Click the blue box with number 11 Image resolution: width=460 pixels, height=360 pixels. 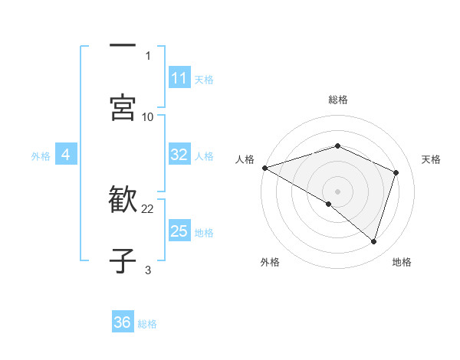pos(179,78)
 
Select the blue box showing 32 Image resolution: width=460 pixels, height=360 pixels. pos(179,155)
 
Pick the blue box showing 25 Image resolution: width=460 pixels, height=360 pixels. pos(179,231)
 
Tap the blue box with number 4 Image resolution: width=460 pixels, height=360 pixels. pos(66,155)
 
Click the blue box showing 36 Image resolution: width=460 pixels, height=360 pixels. pos(123,322)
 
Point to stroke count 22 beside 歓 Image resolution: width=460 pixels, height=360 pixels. pos(148,208)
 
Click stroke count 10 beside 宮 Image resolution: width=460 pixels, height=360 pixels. pos(148,116)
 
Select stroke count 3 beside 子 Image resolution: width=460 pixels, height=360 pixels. pos(148,270)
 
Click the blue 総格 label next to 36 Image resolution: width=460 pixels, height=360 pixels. pos(147,324)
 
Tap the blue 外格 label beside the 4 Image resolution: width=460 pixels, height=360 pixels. pos(41,156)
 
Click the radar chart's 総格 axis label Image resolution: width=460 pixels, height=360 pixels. pos(338,100)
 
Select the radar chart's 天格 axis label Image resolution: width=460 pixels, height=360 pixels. pos(432,159)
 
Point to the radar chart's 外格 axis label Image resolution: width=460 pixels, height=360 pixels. pos(270,262)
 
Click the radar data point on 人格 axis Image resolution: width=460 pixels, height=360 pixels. pos(264,168)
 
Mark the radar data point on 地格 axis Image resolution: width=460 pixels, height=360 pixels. pos(373,241)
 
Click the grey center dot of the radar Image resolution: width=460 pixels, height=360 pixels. pos(337,191)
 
